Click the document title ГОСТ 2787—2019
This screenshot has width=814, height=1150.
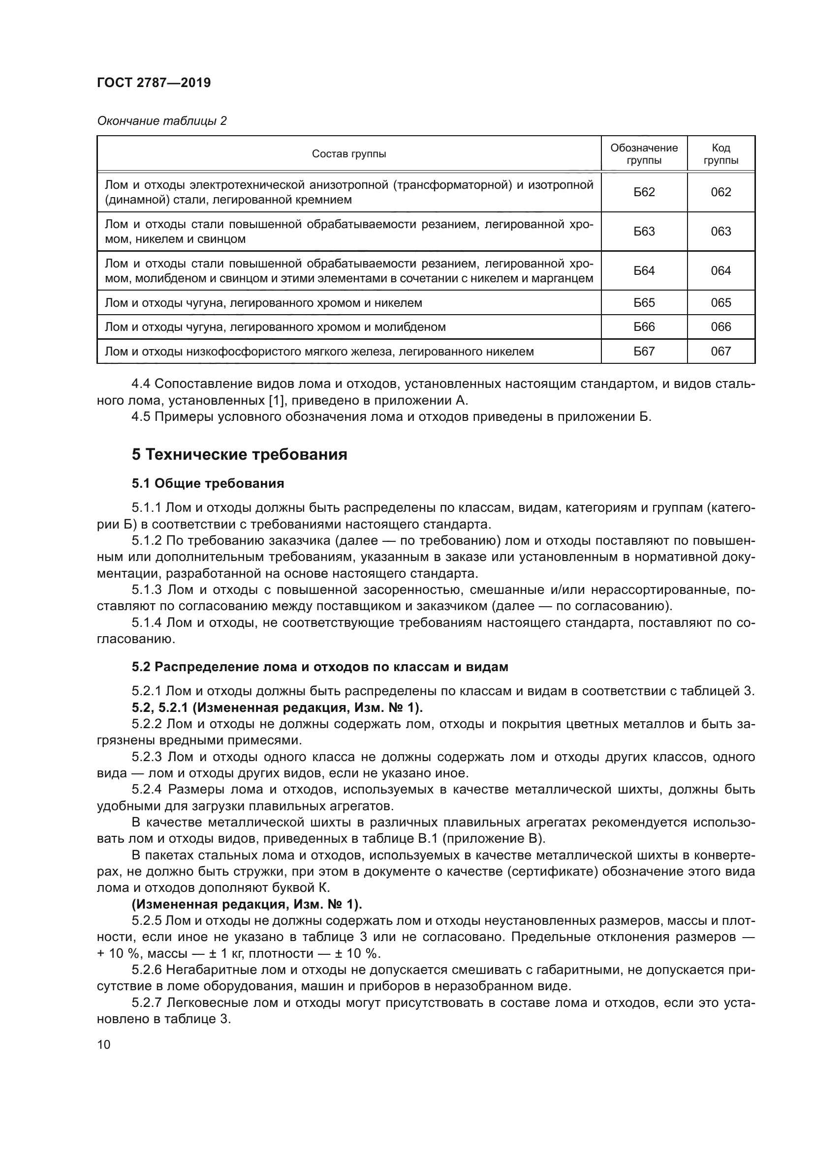pyautogui.click(x=154, y=83)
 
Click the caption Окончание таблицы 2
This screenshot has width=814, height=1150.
pyautogui.click(x=162, y=121)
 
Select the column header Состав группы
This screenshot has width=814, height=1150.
pyautogui.click(x=349, y=154)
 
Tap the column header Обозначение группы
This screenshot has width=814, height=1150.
pyautogui.click(x=644, y=154)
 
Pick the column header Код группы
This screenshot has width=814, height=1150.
pyautogui.click(x=721, y=154)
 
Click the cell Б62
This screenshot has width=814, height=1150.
pyautogui.click(x=644, y=192)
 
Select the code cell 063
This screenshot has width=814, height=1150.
pyautogui.click(x=721, y=232)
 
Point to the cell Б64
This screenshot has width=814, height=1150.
pyautogui.click(x=644, y=271)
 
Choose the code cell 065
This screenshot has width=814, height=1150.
pyautogui.click(x=721, y=302)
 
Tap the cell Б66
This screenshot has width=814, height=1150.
pyautogui.click(x=644, y=327)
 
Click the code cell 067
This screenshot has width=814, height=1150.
pyautogui.click(x=721, y=352)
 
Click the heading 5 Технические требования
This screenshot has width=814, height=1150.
pyautogui.click(x=240, y=455)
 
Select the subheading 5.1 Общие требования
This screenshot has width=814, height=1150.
pyautogui.click(x=208, y=483)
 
